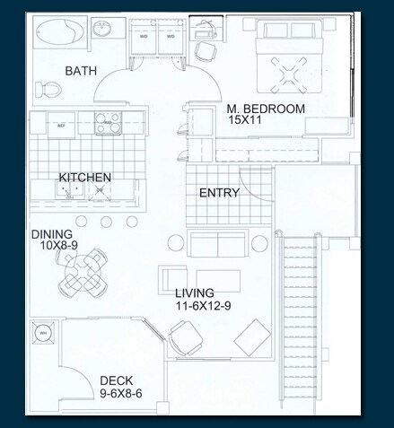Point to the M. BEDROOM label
265,109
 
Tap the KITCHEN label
84,178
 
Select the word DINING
52,235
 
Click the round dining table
83,274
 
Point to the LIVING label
195,293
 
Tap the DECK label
117,380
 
